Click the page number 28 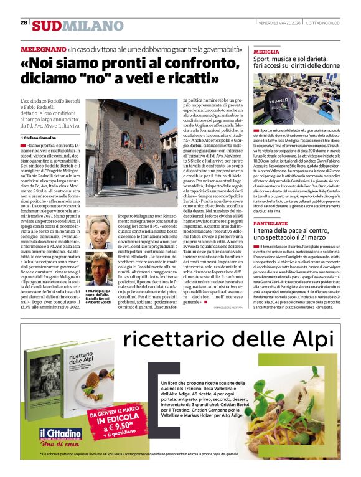24,22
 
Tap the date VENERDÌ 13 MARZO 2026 281,23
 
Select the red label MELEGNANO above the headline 43,49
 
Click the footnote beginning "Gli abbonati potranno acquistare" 180,465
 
